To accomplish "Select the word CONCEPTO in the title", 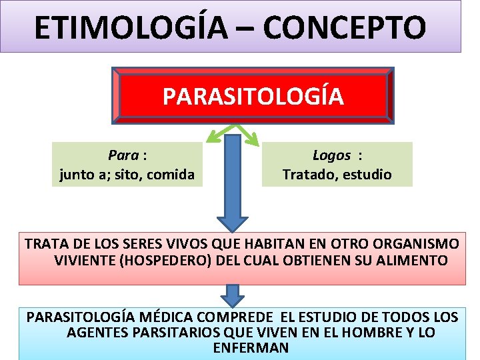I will (344, 28).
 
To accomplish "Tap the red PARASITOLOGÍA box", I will (253, 97).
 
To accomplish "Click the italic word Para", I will (123, 155).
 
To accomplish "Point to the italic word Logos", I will (331, 155).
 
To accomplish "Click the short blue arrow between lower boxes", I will (233, 295).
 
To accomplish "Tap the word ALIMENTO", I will (413, 260).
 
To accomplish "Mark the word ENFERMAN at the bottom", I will (251, 348).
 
